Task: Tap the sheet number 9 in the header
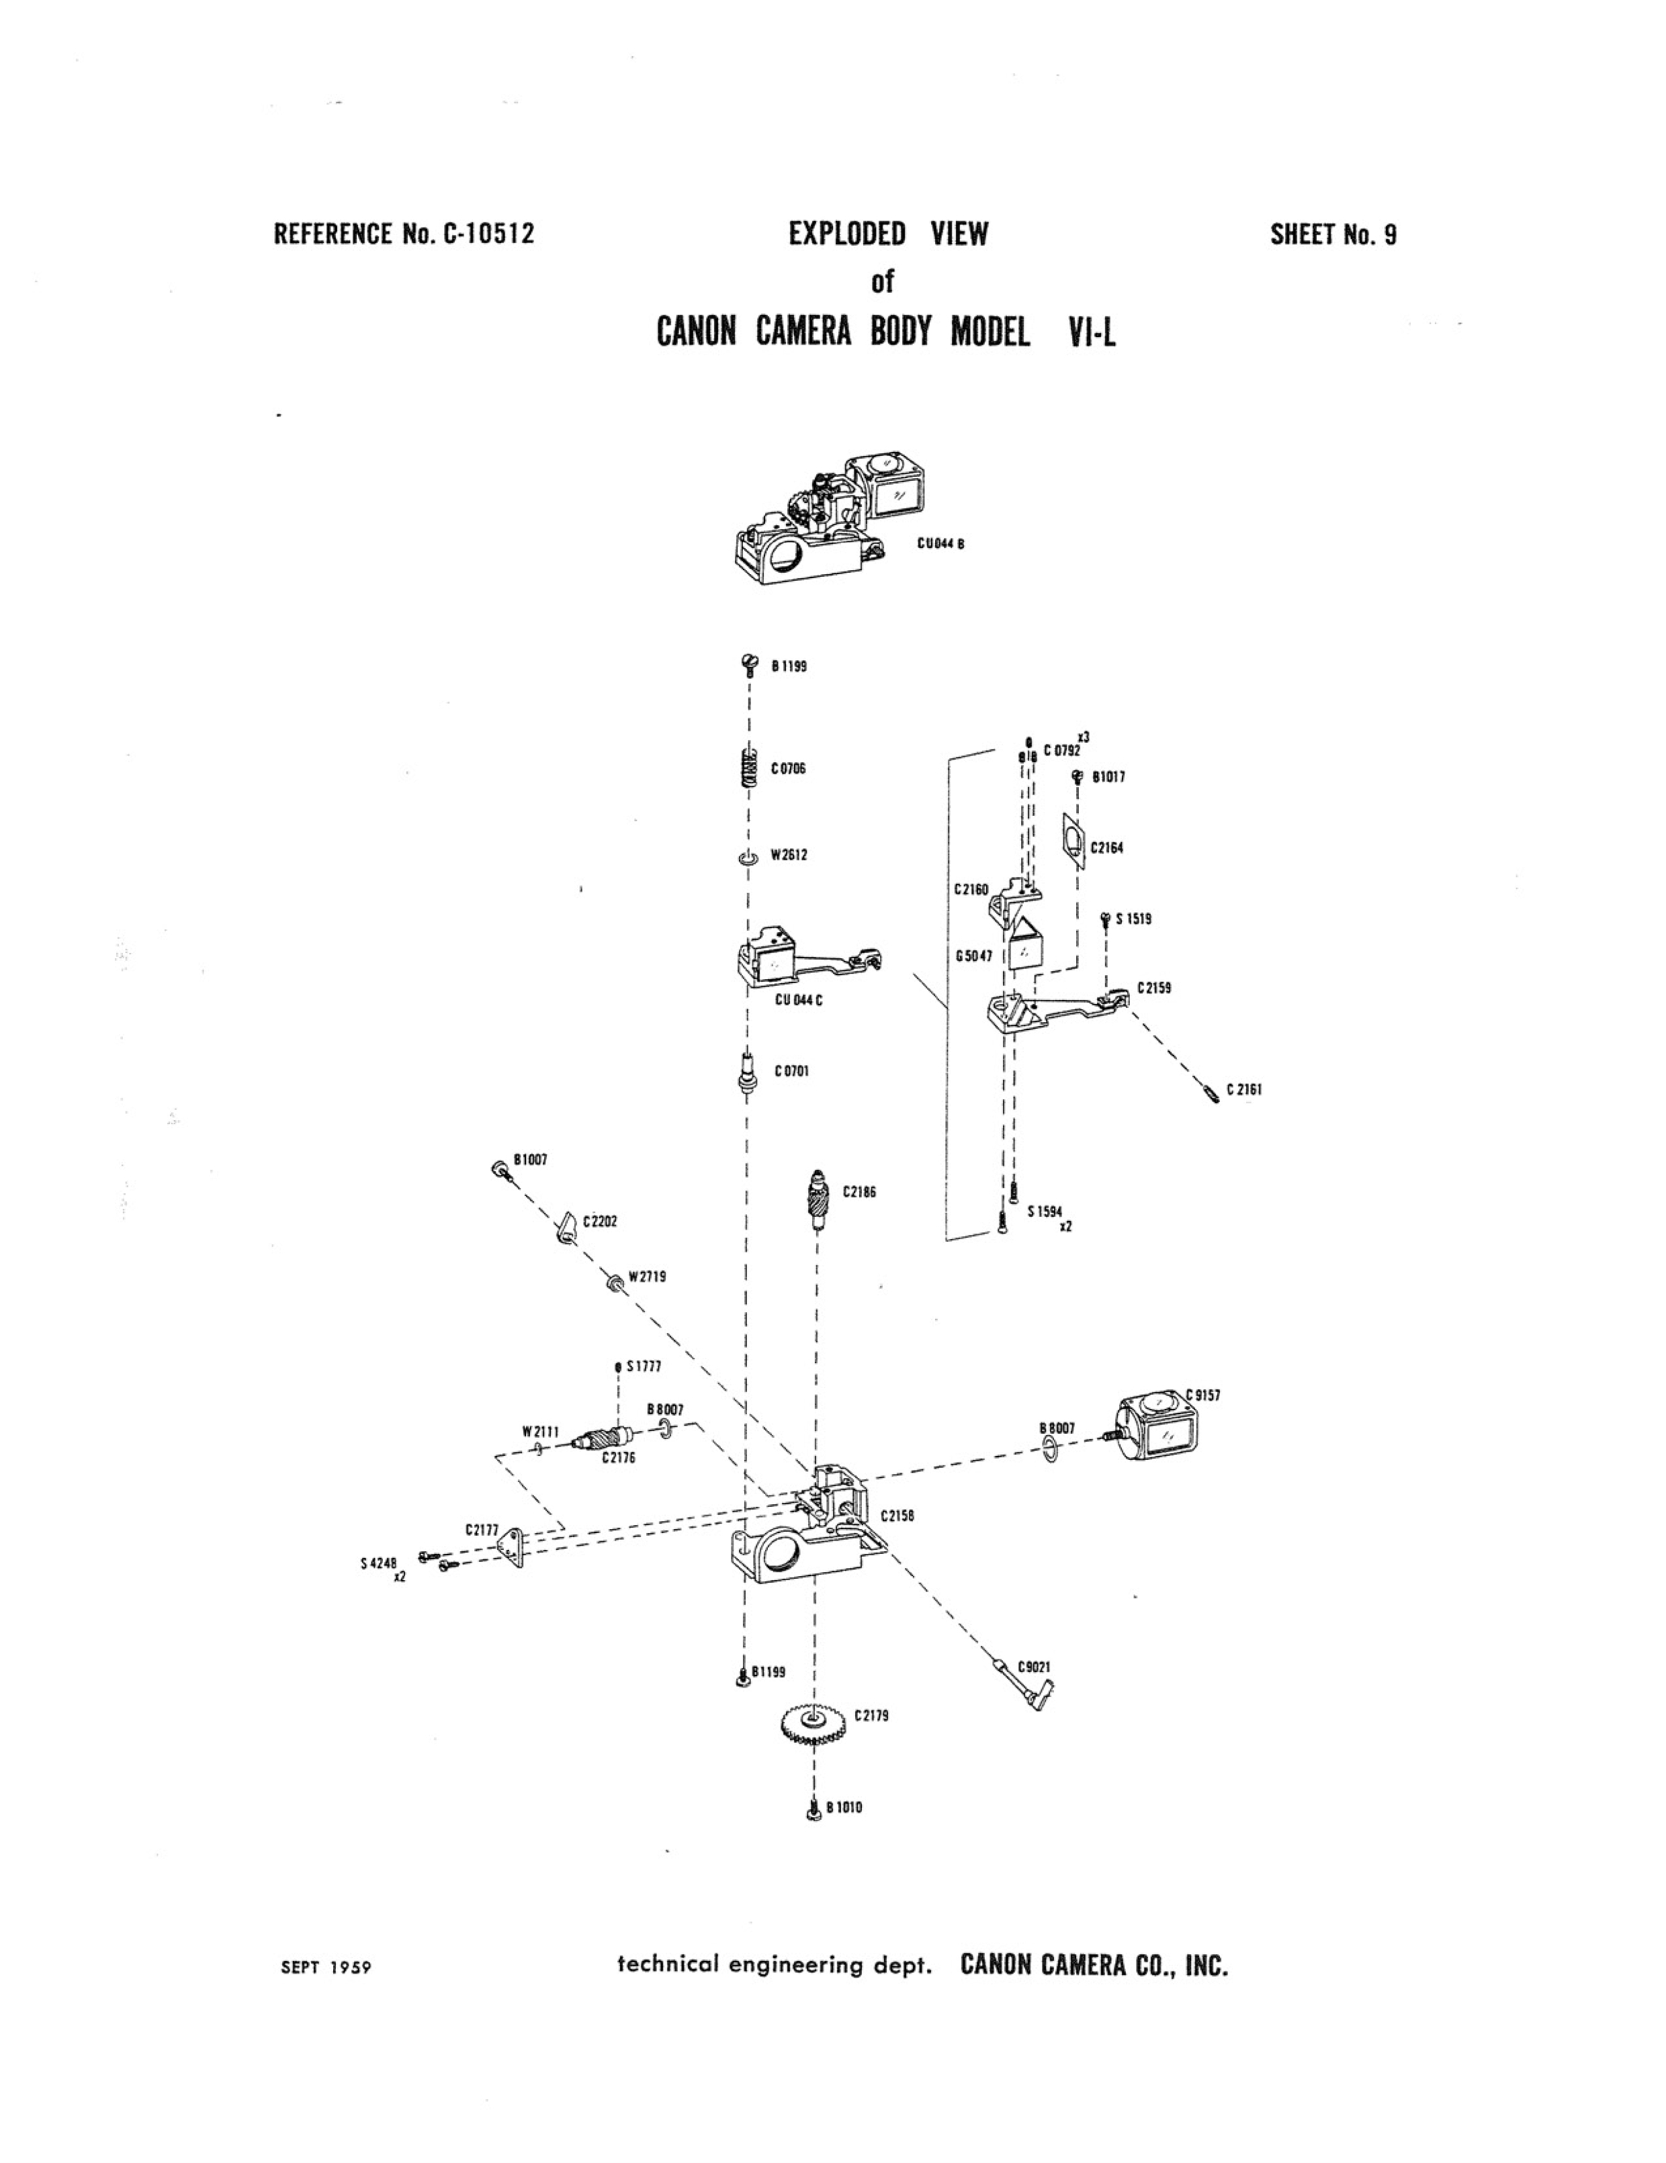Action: [x=1390, y=235]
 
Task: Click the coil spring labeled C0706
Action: [x=750, y=768]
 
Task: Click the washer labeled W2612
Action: [x=748, y=858]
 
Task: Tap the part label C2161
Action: [x=1244, y=1089]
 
